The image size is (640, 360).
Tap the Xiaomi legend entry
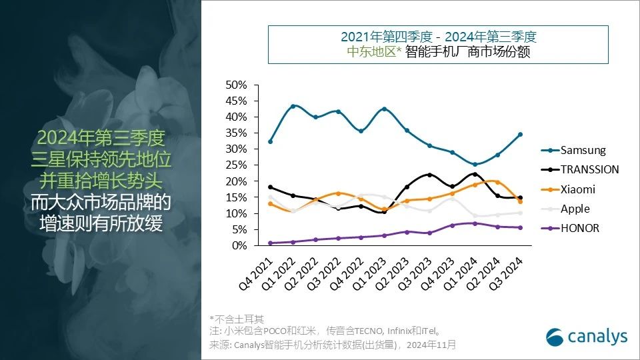pyautogui.click(x=577, y=189)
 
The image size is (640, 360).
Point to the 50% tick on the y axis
pyautogui.click(x=237, y=85)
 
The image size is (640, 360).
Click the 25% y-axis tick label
pyautogui.click(x=237, y=165)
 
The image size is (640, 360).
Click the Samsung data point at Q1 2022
pyautogui.click(x=293, y=106)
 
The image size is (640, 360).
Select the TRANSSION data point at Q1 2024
pyautogui.click(x=474, y=174)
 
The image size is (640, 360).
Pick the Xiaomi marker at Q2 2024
pyautogui.click(x=497, y=182)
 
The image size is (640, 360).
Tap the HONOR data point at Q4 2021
pyautogui.click(x=270, y=243)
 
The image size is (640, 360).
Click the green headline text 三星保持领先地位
pyautogui.click(x=101, y=160)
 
